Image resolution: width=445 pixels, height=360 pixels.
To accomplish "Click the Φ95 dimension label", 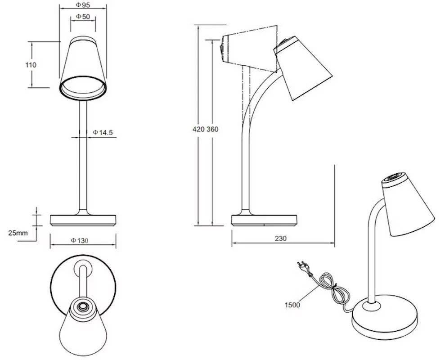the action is click(x=83, y=5).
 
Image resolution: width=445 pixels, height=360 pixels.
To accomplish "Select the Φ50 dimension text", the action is click(x=83, y=17).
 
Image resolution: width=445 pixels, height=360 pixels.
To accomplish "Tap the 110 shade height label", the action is click(x=31, y=65).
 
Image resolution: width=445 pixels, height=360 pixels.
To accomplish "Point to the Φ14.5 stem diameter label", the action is click(x=103, y=132).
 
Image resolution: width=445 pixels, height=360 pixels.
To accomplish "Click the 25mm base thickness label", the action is click(x=18, y=233).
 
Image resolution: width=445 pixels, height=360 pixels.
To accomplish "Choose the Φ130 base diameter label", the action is click(x=80, y=241).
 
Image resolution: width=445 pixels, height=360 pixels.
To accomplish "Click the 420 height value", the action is click(x=198, y=130).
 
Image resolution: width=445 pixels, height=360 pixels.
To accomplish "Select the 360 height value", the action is click(x=212, y=130).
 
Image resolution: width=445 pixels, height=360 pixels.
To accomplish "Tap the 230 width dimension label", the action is click(x=281, y=238).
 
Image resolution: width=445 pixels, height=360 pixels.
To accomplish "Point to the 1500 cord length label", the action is click(x=292, y=305).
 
